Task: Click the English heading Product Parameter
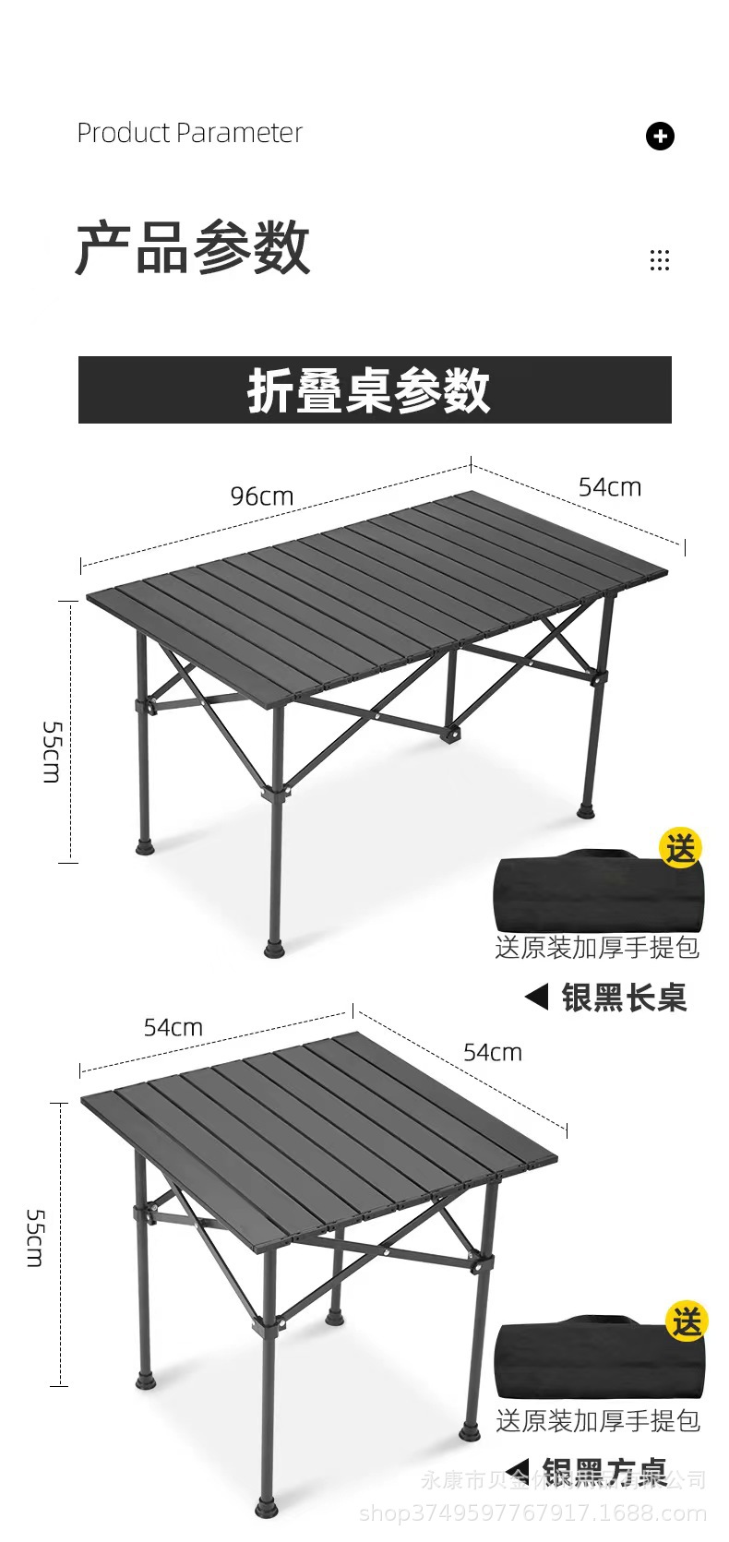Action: pos(189,133)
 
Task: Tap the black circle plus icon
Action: pos(660,137)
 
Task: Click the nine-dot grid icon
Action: pos(660,260)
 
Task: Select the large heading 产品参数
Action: pos(192,248)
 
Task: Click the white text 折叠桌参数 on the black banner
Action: pos(369,390)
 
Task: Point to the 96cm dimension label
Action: pos(262,496)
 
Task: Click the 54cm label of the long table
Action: pos(609,487)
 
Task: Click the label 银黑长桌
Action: pos(624,998)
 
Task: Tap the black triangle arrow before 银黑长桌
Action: pos(536,997)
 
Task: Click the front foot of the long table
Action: pos(275,948)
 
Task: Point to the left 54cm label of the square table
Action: pos(173,1027)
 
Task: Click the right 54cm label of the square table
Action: pos(493,1053)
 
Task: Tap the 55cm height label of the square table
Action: pos(35,1237)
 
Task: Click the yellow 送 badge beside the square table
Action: pos(687,1322)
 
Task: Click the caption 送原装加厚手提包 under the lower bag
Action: pos(598,1421)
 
